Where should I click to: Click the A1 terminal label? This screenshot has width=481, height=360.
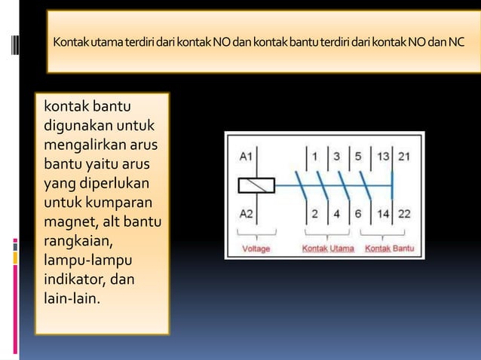[x=247, y=157]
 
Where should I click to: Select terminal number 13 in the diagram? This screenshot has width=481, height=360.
[x=384, y=156]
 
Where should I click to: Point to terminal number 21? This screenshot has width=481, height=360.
[x=405, y=156]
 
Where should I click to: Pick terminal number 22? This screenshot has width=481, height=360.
[x=405, y=213]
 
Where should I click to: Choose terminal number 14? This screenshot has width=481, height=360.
[x=384, y=213]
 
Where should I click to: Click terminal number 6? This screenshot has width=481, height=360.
[x=359, y=213]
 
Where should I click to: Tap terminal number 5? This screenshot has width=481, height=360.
[x=359, y=156]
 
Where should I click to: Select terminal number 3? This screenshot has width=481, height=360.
[x=337, y=156]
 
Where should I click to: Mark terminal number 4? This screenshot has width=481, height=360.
[x=337, y=213]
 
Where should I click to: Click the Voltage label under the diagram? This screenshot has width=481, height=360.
[x=257, y=247]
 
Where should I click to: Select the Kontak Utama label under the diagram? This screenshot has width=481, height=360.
[x=326, y=247]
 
